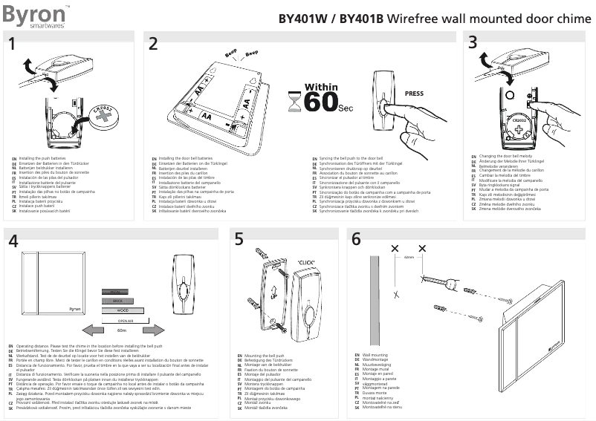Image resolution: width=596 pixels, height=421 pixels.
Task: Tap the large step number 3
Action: pyautogui.click(x=473, y=44)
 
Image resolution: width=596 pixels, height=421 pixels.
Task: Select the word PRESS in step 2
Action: pyautogui.click(x=414, y=94)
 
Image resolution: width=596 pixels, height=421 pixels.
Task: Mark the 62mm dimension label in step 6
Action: pyautogui.click(x=409, y=257)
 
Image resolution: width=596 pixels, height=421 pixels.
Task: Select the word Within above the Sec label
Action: pyautogui.click(x=321, y=87)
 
